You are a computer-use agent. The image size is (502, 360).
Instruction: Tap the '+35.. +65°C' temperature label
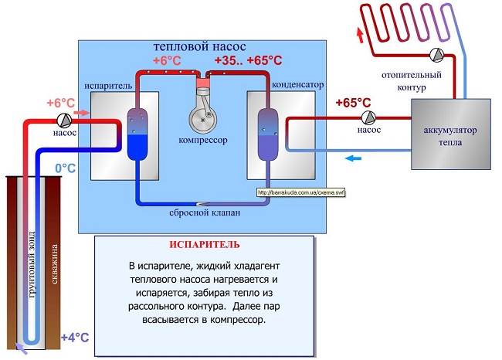[247, 60]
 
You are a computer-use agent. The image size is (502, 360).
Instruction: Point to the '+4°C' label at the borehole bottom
[75, 337]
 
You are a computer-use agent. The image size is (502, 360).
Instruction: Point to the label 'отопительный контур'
[412, 82]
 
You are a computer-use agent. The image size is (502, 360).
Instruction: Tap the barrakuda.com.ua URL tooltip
[300, 193]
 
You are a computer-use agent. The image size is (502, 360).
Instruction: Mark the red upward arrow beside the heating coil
[358, 34]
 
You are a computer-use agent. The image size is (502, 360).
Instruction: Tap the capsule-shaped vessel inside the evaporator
[136, 134]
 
